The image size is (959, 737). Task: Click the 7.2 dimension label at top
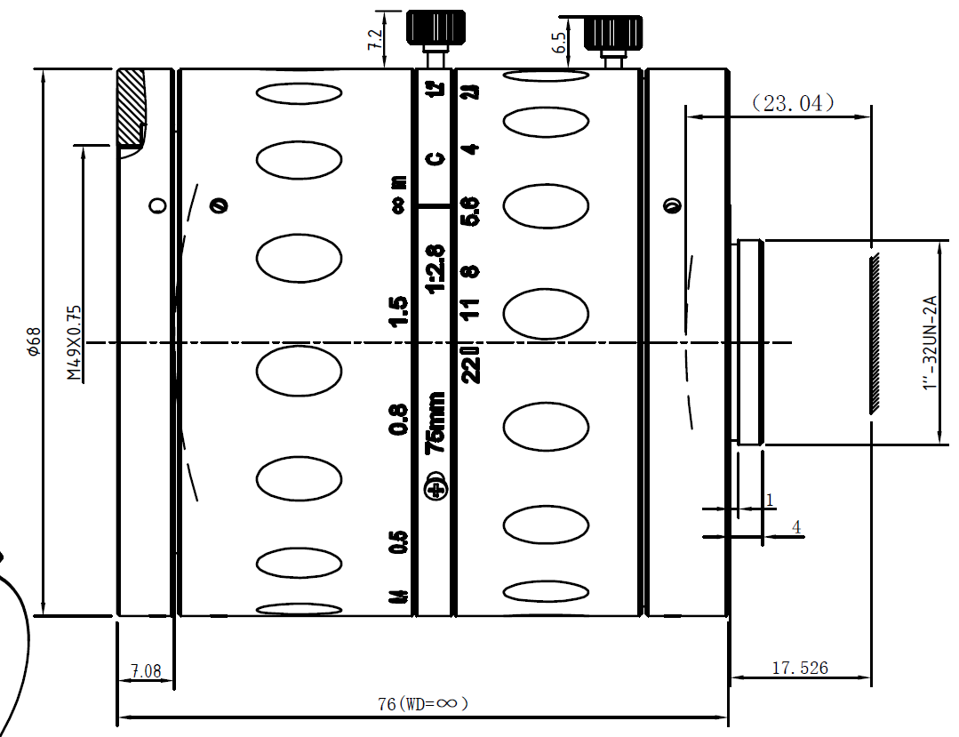pyautogui.click(x=374, y=39)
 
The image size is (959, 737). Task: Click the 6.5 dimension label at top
pyautogui.click(x=559, y=44)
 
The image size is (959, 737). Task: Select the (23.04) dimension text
pyautogui.click(x=793, y=103)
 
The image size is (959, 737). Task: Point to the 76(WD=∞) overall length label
pyautogui.click(x=423, y=703)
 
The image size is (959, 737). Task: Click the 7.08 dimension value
pyautogui.click(x=146, y=671)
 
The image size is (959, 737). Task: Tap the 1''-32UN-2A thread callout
pyautogui.click(x=930, y=343)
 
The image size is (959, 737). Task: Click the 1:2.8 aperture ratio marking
pyautogui.click(x=436, y=269)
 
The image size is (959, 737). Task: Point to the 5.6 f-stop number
pyautogui.click(x=471, y=212)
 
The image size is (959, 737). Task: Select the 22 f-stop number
pyautogui.click(x=471, y=364)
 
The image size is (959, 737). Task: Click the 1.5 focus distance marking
pyautogui.click(x=399, y=311)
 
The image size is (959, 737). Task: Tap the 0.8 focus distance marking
pyautogui.click(x=399, y=419)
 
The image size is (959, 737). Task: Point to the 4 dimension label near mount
pyautogui.click(x=796, y=527)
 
